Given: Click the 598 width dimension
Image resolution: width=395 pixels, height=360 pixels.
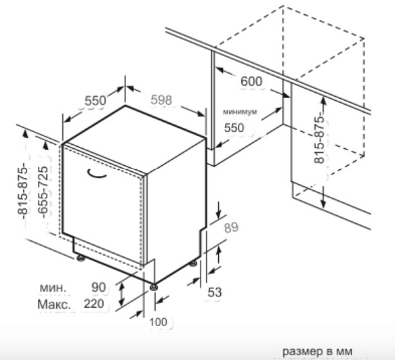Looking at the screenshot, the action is (161, 100).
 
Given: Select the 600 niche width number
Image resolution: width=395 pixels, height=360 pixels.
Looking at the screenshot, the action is (251, 81).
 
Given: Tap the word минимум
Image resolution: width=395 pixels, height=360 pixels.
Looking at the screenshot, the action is (240, 112).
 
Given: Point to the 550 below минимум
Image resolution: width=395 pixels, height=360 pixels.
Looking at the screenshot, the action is (234, 127).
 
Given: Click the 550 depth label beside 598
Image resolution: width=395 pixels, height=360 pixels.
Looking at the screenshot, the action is (96, 101).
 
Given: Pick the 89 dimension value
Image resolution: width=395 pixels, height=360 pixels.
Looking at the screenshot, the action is (231, 227).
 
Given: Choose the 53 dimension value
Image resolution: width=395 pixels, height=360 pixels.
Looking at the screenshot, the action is (215, 292).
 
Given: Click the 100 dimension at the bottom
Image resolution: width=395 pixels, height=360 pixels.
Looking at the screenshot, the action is (158, 322).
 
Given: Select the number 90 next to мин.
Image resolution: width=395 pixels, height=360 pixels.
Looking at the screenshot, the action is (98, 288).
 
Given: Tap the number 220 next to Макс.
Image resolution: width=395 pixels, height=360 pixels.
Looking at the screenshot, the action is (93, 304).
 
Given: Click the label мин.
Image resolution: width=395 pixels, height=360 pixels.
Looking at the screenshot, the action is (53, 288).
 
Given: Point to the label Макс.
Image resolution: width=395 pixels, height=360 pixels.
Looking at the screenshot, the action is (54, 304).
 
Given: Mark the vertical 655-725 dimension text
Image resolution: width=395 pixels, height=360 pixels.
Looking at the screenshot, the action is (43, 192).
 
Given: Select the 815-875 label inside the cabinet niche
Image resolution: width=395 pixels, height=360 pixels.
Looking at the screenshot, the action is (319, 138).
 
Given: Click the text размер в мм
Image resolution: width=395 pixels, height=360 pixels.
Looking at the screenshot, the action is (317, 351).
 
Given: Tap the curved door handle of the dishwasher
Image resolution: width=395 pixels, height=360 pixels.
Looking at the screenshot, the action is (97, 174).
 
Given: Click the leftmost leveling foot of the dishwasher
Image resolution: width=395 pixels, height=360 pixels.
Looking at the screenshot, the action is (81, 258).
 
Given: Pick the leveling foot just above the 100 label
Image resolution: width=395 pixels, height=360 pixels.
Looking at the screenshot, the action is (153, 288).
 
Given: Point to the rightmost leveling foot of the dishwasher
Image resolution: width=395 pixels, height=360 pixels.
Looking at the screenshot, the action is (194, 264).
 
